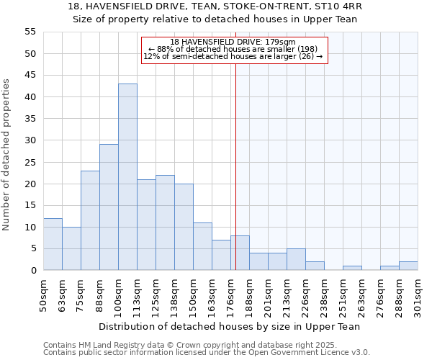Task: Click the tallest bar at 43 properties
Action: click(x=127, y=177)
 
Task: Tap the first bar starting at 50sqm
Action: click(x=53, y=244)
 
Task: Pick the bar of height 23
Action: click(x=90, y=220)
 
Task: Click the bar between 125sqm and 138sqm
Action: click(x=165, y=222)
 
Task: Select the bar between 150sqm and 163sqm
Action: click(x=202, y=246)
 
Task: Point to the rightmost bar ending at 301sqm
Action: click(x=408, y=266)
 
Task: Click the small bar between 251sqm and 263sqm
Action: click(x=352, y=268)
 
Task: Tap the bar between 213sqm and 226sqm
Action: click(x=296, y=259)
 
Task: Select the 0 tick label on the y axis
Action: click(x=32, y=271)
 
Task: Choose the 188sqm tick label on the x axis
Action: click(x=249, y=295)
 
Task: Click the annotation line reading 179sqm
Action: click(x=234, y=42)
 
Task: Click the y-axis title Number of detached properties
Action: click(x=7, y=156)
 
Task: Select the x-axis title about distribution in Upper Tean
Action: click(x=229, y=326)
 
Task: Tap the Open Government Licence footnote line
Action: click(x=207, y=353)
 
